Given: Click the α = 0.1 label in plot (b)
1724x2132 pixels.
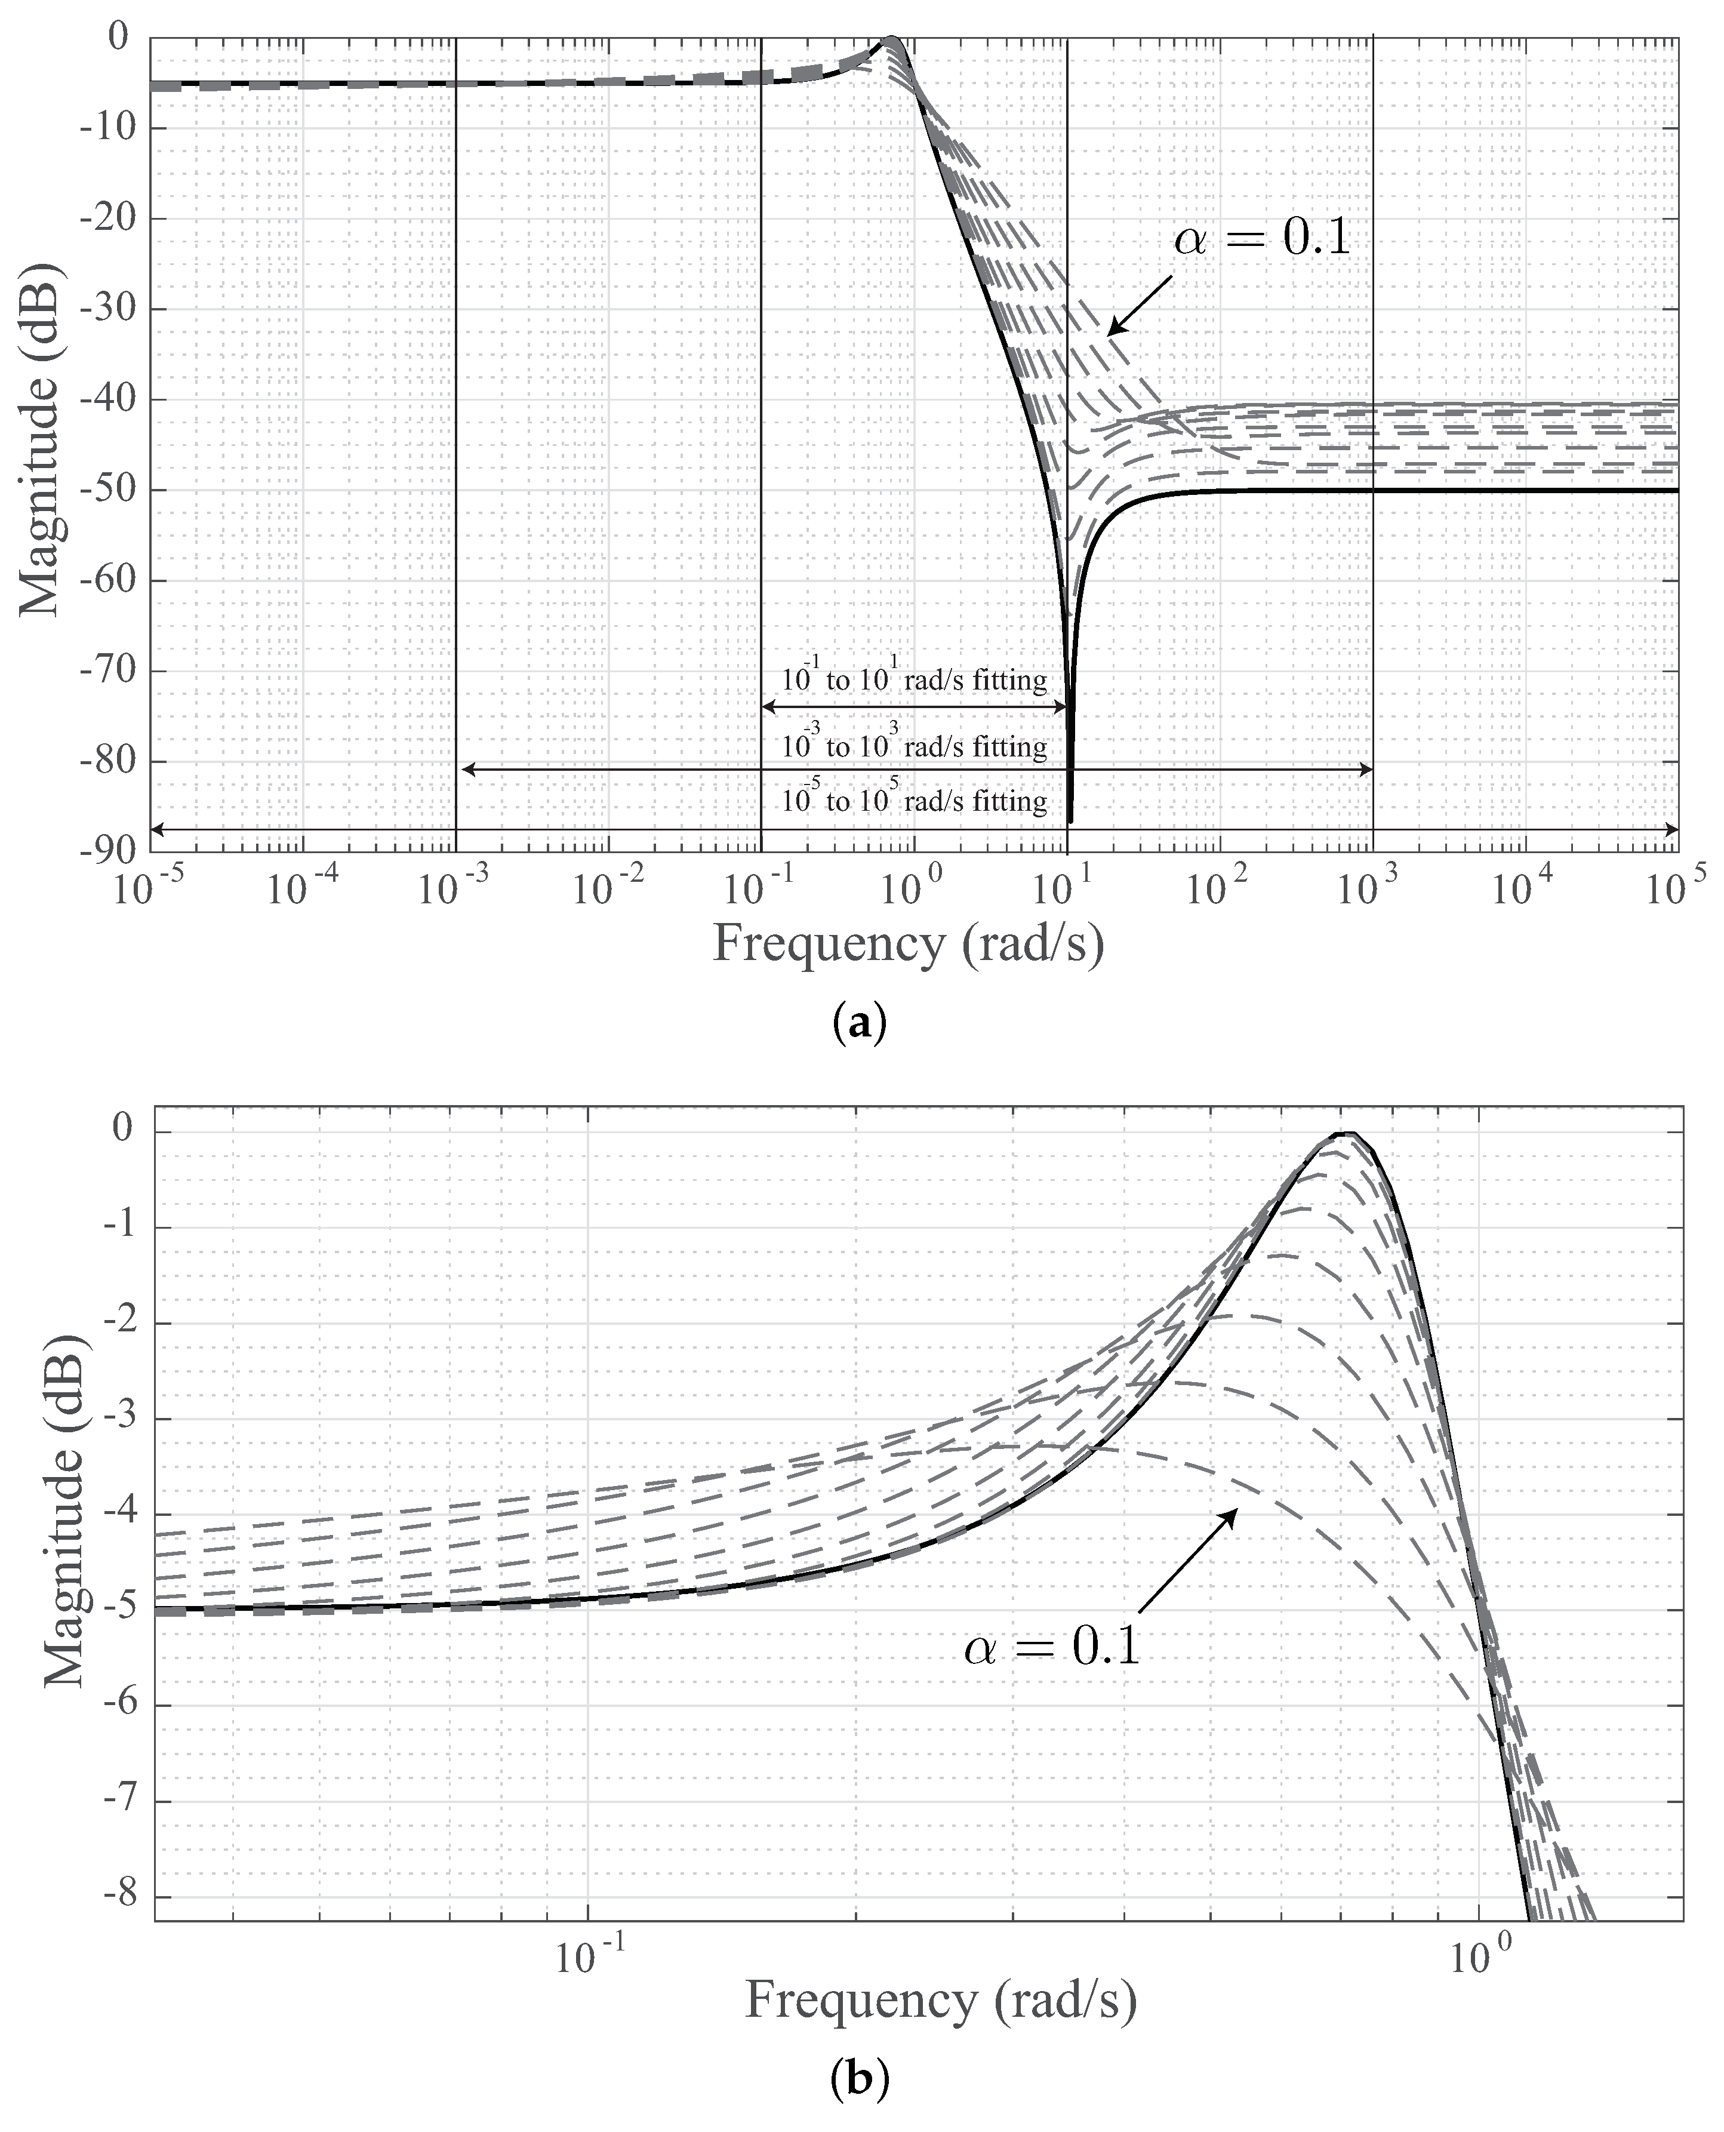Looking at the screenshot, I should coord(1052,1647).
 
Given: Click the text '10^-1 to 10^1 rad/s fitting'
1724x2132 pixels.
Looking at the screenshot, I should coord(914,680).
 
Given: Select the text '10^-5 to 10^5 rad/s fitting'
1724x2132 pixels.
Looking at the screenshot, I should coord(914,801).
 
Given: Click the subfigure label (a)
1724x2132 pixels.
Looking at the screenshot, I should coord(857,1023).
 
